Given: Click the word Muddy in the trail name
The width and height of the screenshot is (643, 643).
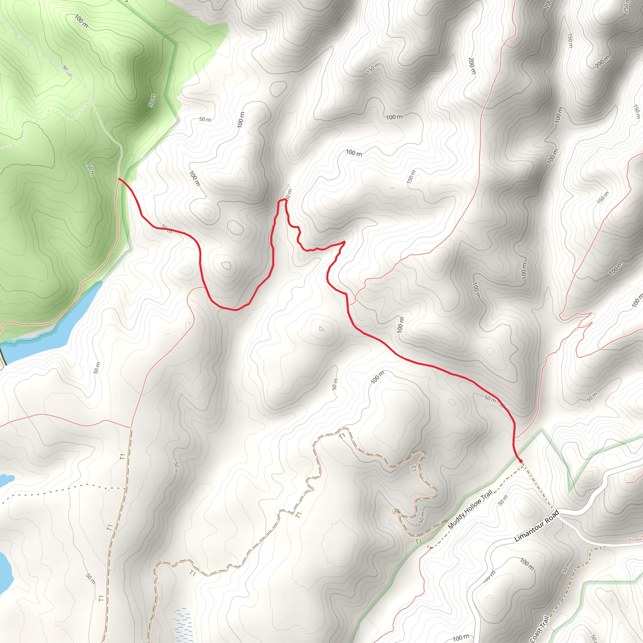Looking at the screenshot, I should [456, 522].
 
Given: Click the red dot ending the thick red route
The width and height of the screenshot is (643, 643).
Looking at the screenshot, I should [521, 461].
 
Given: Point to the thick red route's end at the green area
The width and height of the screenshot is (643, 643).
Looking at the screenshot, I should [119, 179].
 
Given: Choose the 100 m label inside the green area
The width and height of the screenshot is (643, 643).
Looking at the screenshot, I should [81, 21].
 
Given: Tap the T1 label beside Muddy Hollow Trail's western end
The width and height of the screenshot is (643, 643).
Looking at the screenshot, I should [418, 542].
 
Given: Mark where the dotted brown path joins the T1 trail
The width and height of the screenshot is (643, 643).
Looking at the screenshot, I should [126, 488].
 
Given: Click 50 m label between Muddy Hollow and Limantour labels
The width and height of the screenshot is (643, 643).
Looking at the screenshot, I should [503, 500].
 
